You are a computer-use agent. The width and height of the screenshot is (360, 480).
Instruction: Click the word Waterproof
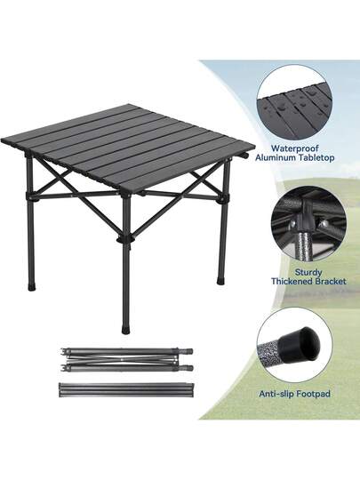(295, 148)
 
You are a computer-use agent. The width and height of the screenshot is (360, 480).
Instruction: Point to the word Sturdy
(308, 272)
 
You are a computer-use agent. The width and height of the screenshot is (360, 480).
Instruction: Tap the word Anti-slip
(276, 394)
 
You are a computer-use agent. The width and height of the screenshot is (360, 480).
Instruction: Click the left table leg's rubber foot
(31, 287)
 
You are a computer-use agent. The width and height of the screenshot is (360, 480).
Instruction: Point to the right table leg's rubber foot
(221, 281)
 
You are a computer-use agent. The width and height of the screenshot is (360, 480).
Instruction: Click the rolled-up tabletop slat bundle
(126, 389)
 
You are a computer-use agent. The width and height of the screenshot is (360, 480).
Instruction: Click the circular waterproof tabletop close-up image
(294, 102)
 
